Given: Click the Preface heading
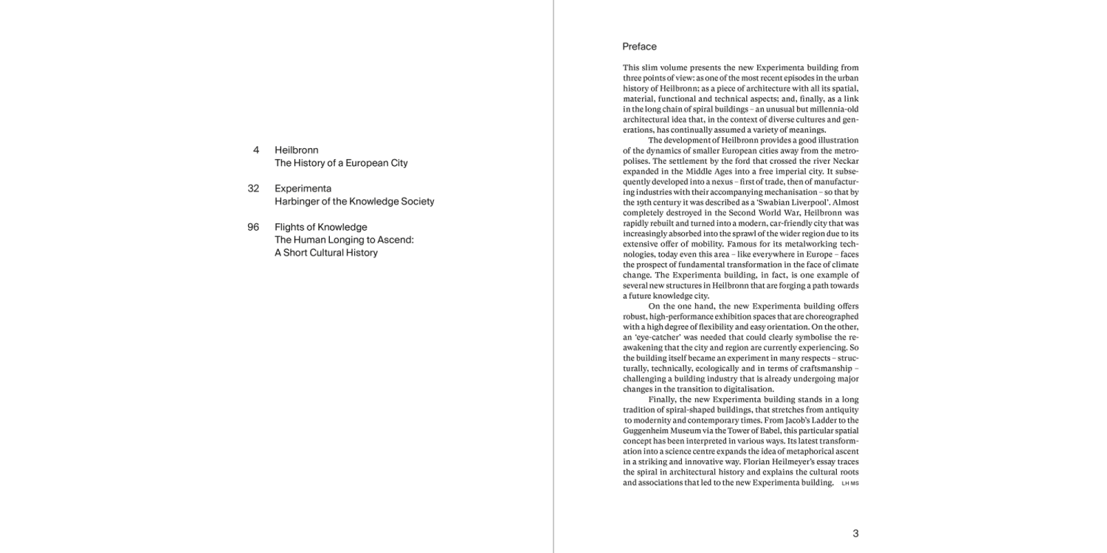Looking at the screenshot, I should coord(639,46).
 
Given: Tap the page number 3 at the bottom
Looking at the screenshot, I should coord(855,533).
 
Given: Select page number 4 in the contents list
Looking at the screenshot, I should coord(255,150).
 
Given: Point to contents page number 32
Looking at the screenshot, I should coord(253,188).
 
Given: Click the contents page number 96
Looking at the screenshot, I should coord(253,227).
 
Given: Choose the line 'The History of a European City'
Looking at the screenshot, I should coord(341,163).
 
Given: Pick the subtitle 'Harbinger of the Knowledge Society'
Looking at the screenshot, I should coord(354,201).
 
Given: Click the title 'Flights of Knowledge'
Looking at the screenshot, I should coord(320,227).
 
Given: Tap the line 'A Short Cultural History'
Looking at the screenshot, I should coord(325,252).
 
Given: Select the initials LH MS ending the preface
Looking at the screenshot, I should coord(850,484).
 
